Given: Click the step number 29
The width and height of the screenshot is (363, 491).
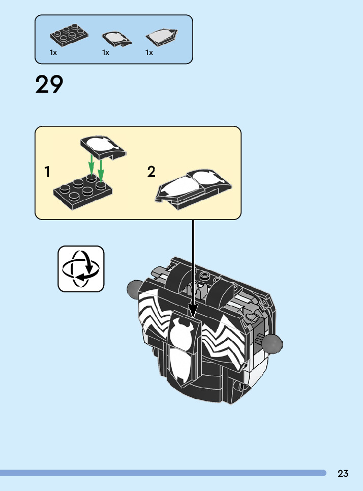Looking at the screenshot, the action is (x=49, y=85).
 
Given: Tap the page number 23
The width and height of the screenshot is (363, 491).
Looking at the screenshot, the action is (x=343, y=474).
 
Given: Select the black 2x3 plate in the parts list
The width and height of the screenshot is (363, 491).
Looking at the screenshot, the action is (x=69, y=36).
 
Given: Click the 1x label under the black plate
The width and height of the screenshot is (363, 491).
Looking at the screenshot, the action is (x=53, y=52).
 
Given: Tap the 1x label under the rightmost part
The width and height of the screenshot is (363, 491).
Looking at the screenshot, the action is (x=149, y=52).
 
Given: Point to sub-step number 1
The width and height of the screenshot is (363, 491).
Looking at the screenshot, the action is (x=47, y=172).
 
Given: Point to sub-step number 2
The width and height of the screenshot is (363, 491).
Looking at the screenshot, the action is (x=151, y=172).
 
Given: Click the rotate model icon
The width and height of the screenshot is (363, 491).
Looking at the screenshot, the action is (x=81, y=269).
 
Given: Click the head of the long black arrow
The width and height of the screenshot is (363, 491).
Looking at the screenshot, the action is (x=193, y=310).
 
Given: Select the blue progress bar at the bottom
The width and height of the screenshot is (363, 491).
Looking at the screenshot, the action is (x=163, y=473).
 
